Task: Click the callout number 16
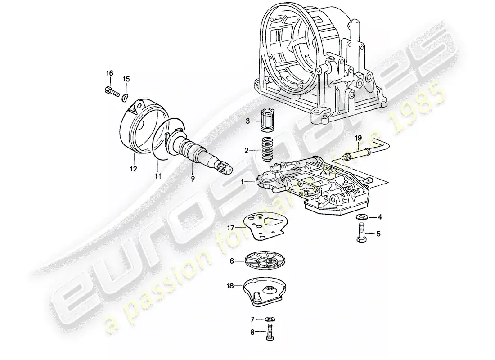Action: (x=109, y=73)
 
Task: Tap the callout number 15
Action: (x=126, y=79)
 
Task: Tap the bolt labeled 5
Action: (x=361, y=234)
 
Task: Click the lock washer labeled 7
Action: (x=269, y=319)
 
